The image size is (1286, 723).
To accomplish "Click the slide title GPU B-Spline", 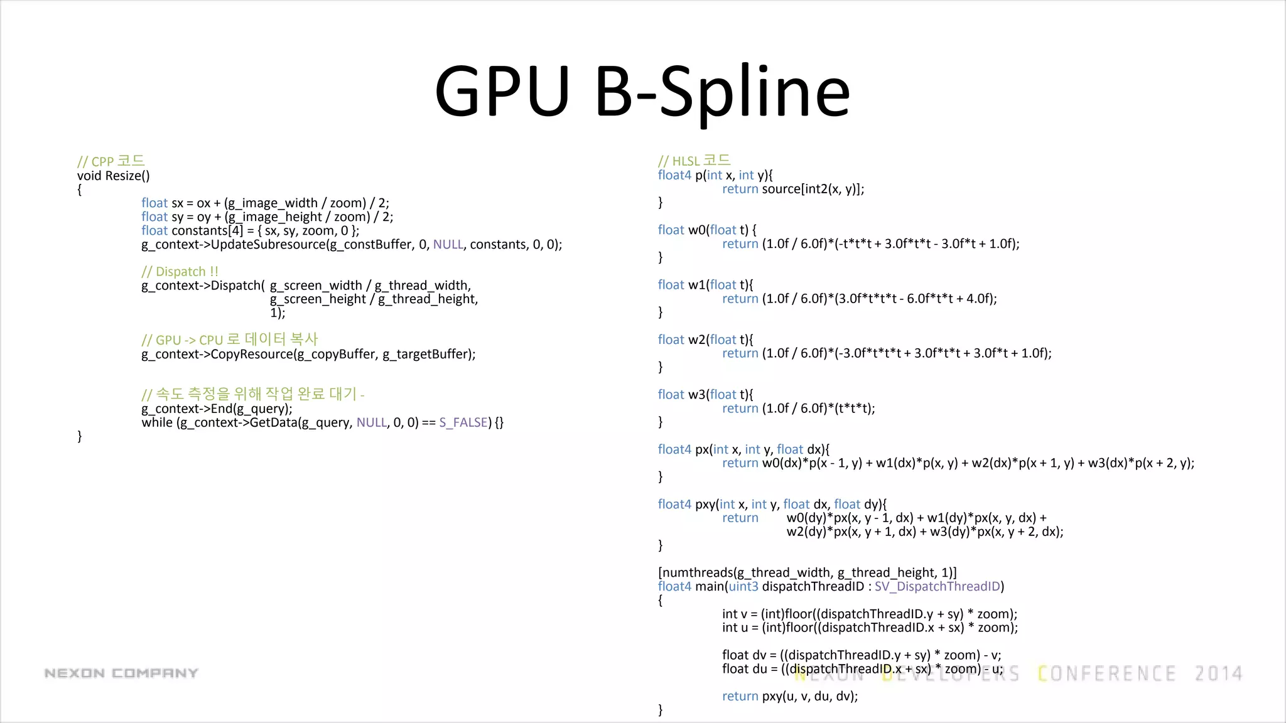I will (642, 93).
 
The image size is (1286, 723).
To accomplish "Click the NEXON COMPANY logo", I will (121, 673).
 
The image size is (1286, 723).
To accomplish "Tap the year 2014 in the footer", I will (1218, 674).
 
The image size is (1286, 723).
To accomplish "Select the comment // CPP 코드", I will (111, 161).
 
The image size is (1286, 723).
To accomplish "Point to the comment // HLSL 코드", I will (694, 161).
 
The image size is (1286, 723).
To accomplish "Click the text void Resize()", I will (114, 176).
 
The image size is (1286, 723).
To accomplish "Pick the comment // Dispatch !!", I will (180, 272).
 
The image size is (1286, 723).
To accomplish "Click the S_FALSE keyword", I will (463, 422).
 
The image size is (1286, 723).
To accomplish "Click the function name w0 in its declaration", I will (697, 230).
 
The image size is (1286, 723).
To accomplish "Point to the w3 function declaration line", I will (705, 395).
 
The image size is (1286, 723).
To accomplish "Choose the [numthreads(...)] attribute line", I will (807, 572).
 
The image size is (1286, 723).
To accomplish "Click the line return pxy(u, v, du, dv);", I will (789, 696).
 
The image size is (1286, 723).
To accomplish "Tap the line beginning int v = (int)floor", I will (869, 614).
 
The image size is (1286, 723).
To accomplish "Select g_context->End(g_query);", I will (217, 409).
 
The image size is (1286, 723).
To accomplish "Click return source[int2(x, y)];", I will (792, 189).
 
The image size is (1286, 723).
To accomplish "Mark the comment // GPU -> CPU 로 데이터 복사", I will (230, 340).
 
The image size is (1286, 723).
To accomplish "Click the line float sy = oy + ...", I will (267, 217).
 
